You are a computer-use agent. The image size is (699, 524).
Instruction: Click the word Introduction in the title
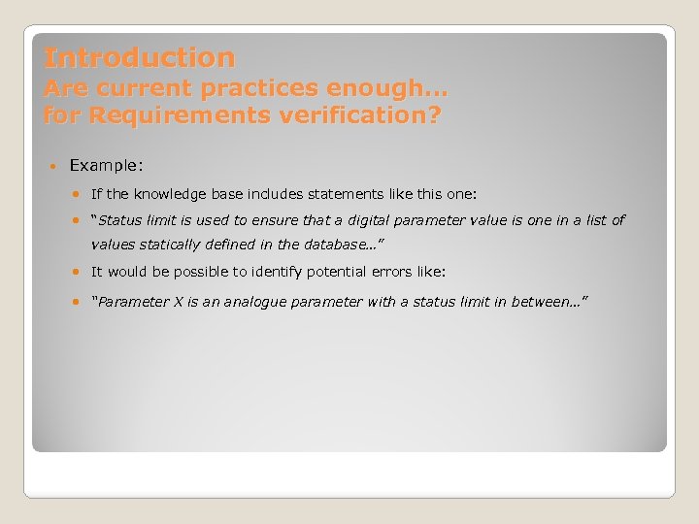pos(139,58)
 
